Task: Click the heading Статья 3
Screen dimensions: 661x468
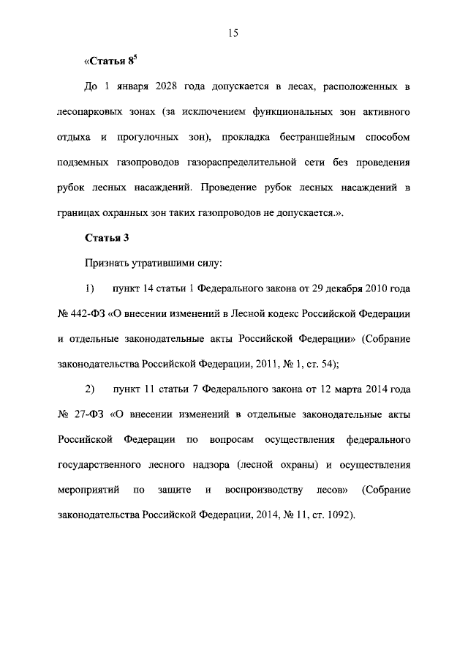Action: (x=107, y=238)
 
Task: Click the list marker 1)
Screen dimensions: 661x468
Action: (x=91, y=288)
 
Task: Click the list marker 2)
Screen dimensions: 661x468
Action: (x=91, y=389)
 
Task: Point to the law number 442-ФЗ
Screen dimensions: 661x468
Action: (x=87, y=313)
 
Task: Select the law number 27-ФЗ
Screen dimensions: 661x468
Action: (x=88, y=414)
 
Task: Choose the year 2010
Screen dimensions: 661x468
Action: (x=379, y=288)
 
